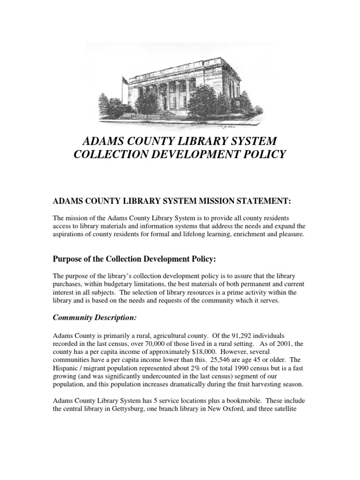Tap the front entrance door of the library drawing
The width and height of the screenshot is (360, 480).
tap(174, 100)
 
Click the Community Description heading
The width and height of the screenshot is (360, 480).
tap(94, 318)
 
